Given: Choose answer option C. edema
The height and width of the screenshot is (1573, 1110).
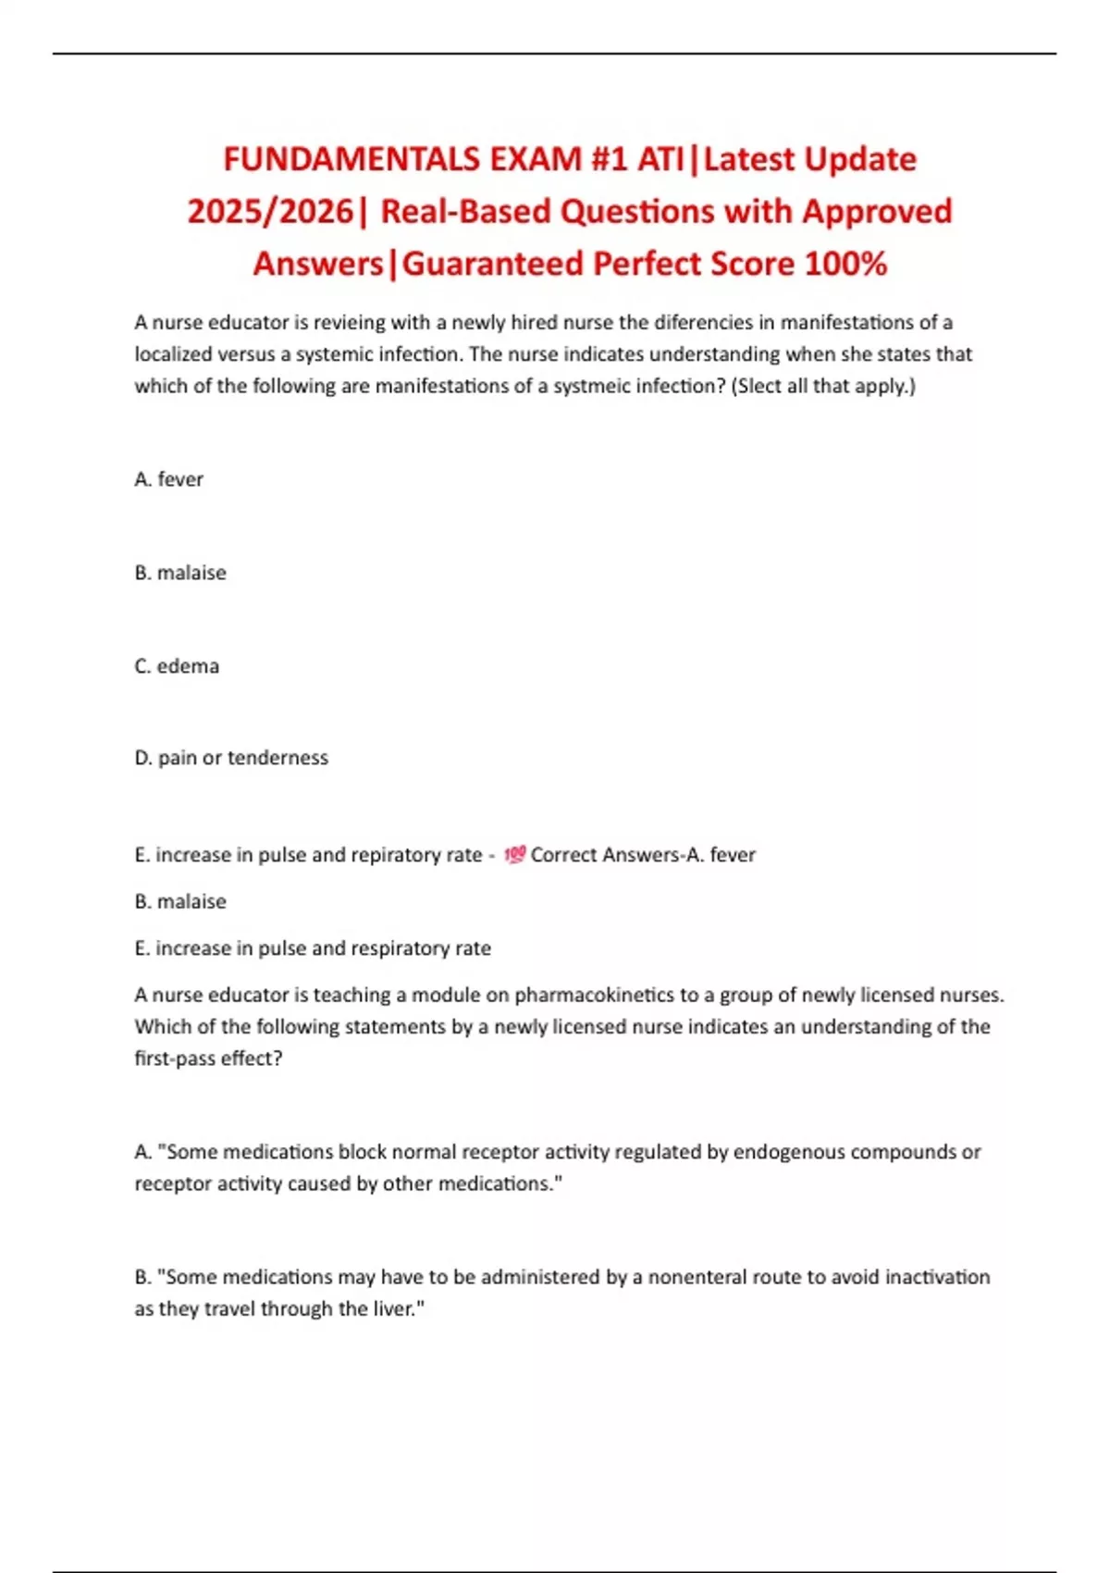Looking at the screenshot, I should point(177,666).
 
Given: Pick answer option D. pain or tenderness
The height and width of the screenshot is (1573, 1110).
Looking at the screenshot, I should point(231,758).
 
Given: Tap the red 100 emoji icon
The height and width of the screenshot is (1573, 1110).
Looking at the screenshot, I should point(514,855).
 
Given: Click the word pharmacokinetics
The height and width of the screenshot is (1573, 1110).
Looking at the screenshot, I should point(594,996).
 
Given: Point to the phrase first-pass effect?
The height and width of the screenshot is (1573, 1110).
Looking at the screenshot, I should point(208,1059).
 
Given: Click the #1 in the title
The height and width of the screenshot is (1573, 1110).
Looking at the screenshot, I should point(610,160).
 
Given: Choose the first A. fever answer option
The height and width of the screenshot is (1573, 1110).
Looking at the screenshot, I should point(168,479).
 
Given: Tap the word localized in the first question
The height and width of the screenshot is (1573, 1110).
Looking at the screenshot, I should point(181,354).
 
